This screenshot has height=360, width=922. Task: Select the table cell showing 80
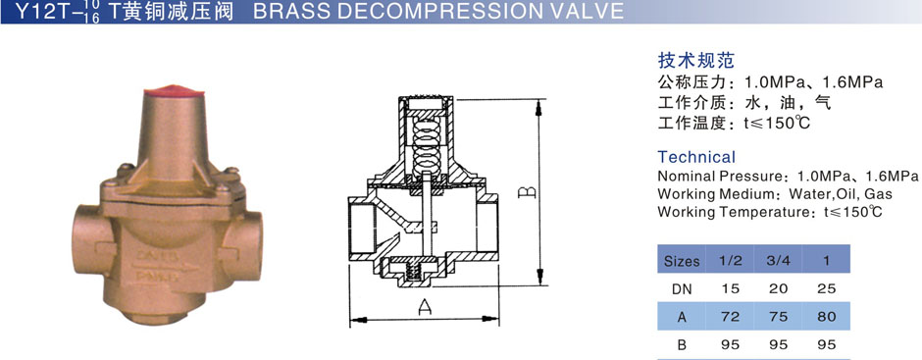[x=826, y=317]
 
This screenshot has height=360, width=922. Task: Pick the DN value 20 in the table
[x=778, y=288]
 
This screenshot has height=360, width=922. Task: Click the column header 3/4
[x=778, y=261]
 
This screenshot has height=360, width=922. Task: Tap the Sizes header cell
[x=682, y=261]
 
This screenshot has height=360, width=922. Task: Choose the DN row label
[x=682, y=288]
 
